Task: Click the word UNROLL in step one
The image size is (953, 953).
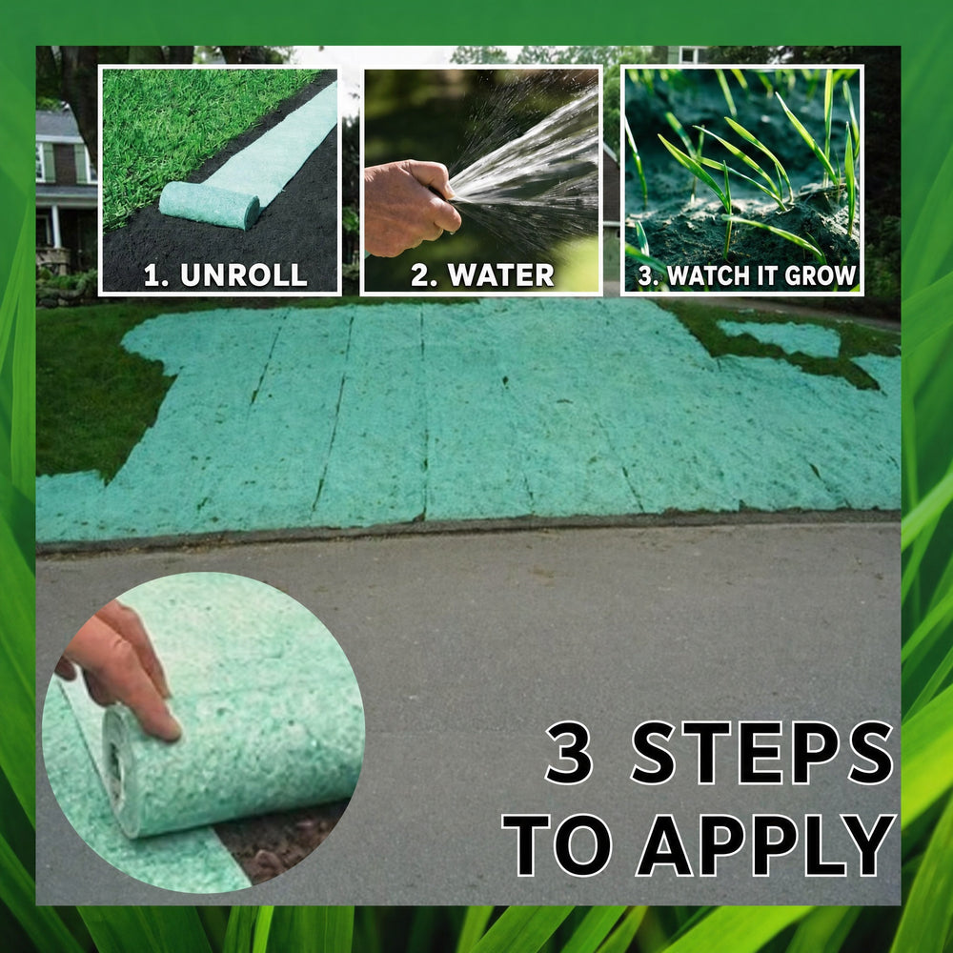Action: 243,274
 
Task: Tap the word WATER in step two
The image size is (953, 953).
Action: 501,274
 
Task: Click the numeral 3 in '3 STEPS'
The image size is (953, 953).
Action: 570,753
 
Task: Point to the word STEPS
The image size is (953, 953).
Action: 762,753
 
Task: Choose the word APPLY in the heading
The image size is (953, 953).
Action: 766,845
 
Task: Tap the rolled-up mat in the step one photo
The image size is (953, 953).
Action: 210,205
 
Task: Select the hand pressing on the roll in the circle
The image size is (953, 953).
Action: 122,669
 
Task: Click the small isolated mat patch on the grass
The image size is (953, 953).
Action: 784,338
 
